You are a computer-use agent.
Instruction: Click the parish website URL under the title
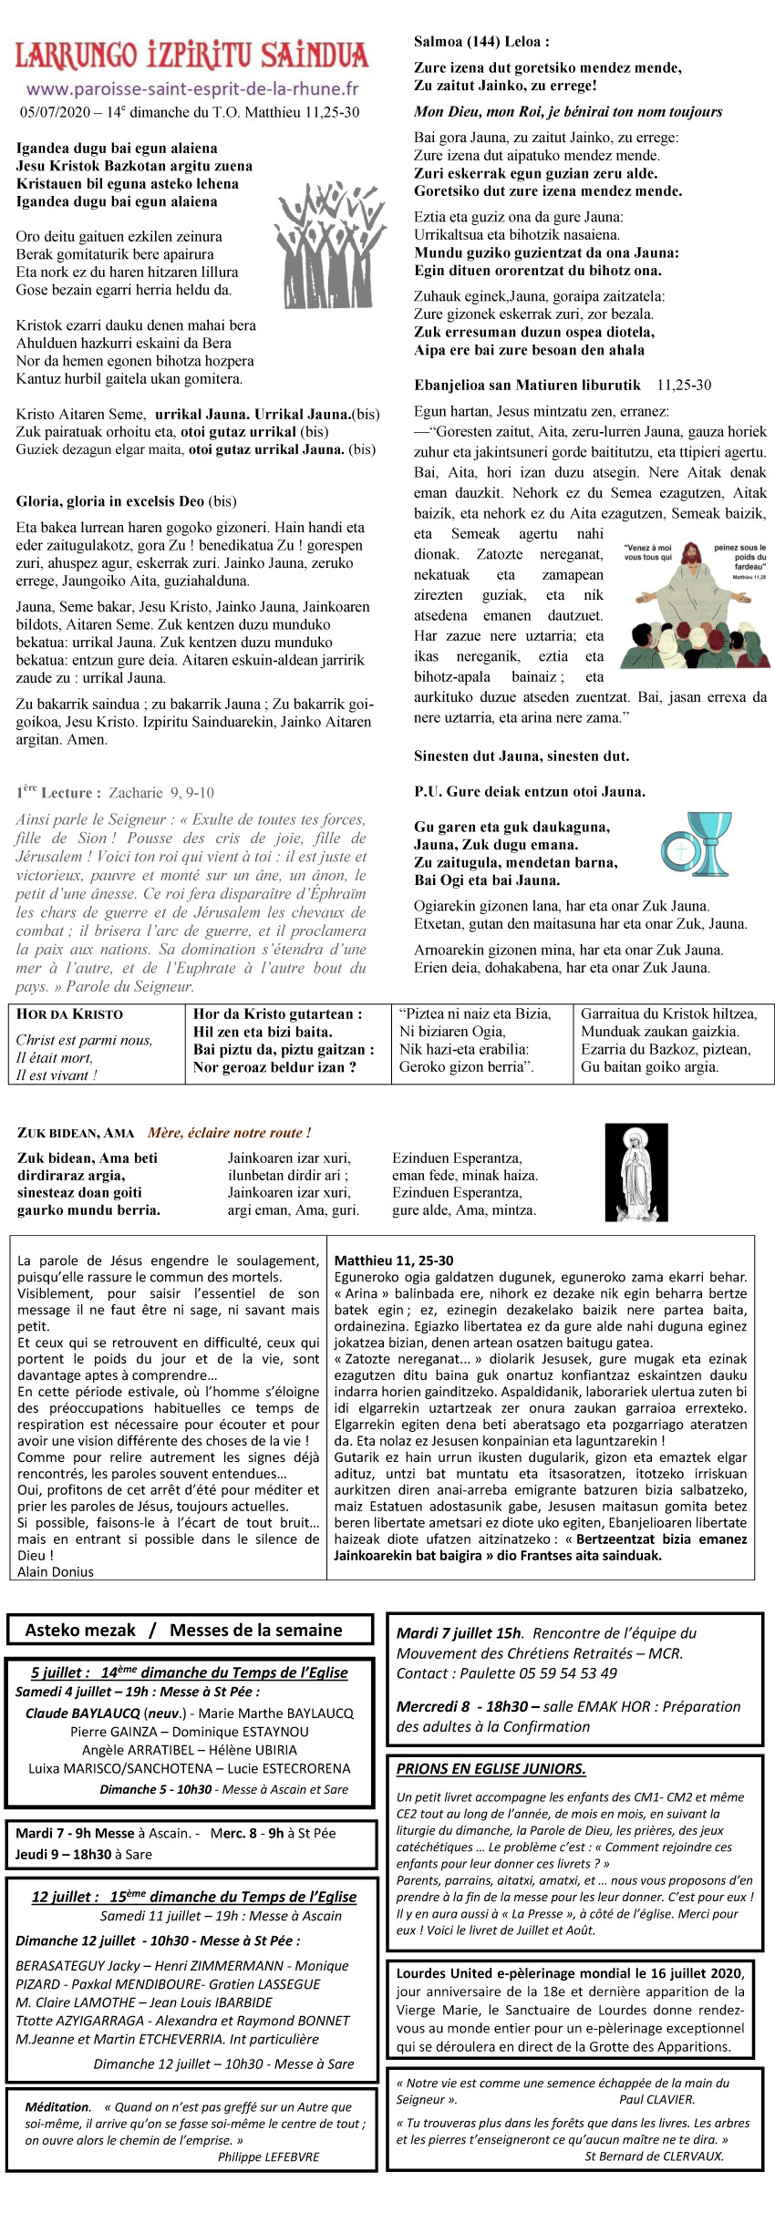(x=192, y=89)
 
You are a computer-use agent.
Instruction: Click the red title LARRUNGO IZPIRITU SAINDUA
(x=192, y=56)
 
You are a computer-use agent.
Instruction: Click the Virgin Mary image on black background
(x=635, y=1172)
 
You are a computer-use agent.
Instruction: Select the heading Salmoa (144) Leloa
(x=481, y=41)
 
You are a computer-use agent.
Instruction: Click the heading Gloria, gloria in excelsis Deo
(x=109, y=500)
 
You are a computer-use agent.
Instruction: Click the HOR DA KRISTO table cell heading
(x=69, y=1014)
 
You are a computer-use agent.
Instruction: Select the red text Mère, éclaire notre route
(x=229, y=1133)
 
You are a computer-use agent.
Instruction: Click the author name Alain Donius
(x=56, y=1571)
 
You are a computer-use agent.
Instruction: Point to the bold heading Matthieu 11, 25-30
(x=393, y=1261)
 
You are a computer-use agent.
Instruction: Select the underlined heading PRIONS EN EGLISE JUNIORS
(x=491, y=1768)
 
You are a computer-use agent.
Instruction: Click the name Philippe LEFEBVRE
(x=268, y=2156)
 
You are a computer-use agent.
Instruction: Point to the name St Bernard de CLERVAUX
(x=654, y=2156)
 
